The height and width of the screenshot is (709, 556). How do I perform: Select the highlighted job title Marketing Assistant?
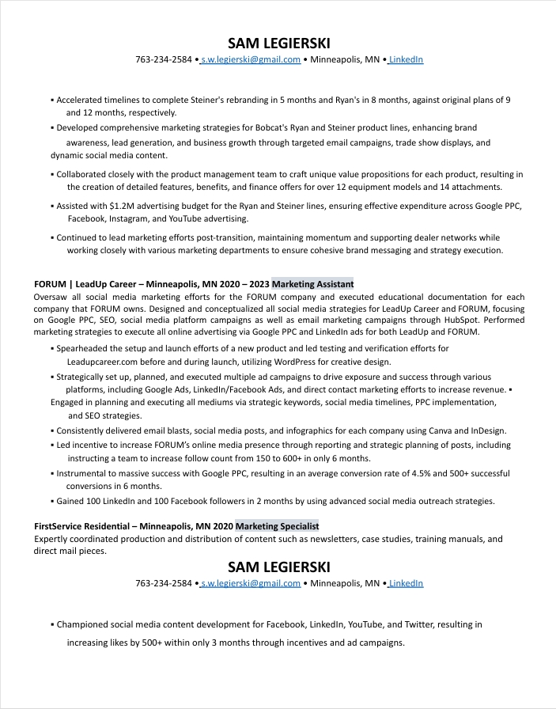(x=312, y=284)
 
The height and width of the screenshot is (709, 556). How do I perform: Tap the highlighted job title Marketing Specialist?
(x=277, y=526)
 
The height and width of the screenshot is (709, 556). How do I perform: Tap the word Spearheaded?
(x=85, y=348)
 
